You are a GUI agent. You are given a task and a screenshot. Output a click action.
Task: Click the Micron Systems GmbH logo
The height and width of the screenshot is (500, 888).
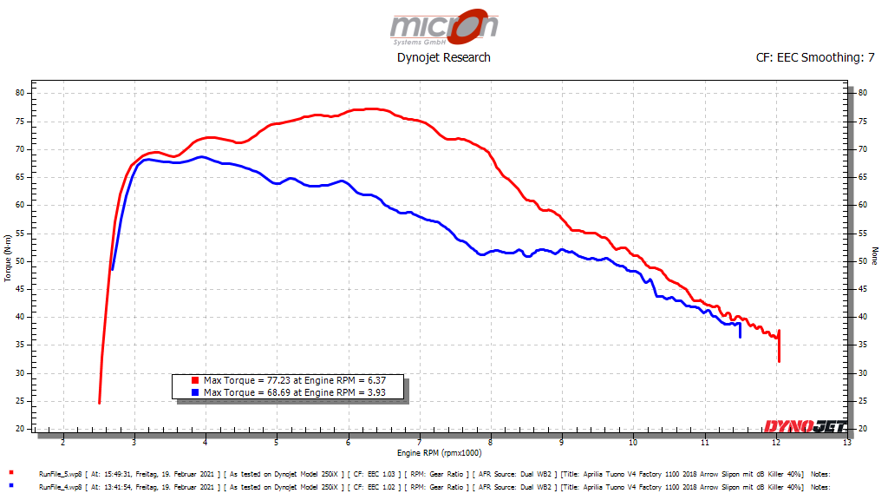[x=444, y=28]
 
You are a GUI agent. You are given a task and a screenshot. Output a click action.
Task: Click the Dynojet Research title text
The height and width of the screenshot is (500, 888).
[x=443, y=57]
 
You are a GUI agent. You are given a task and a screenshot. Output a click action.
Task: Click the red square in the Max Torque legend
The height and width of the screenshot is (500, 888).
[x=197, y=380]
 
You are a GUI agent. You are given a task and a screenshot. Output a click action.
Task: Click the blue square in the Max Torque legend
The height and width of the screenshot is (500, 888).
[x=197, y=392]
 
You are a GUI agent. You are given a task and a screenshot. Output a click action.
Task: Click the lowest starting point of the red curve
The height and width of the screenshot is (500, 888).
[x=100, y=403]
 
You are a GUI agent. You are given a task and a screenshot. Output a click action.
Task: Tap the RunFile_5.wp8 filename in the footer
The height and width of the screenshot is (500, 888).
[x=60, y=474]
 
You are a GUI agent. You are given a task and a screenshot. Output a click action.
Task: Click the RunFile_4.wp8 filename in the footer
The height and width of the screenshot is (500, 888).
[x=60, y=487]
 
